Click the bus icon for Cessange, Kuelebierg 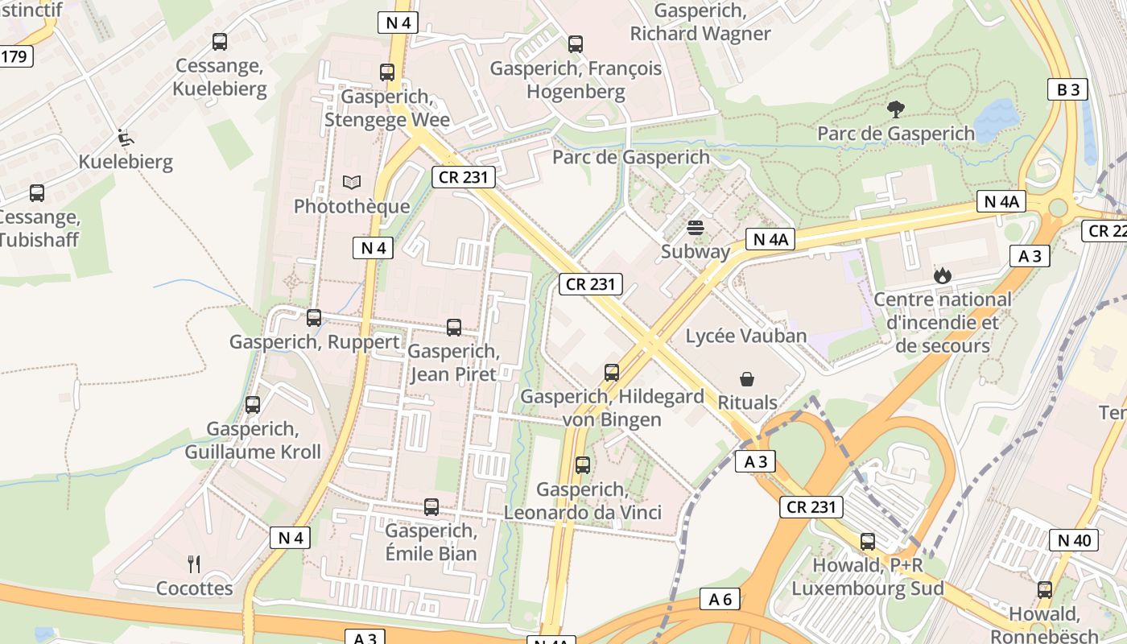tap(220, 42)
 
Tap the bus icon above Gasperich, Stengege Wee tap(387, 72)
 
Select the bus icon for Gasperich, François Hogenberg tap(576, 44)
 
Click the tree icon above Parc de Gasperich tap(895, 109)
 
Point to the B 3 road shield tap(1067, 89)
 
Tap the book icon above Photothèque tap(352, 182)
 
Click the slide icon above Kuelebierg tap(125, 138)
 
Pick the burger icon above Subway tap(696, 227)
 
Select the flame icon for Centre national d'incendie tap(942, 275)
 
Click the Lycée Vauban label tap(745, 336)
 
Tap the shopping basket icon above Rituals tap(747, 378)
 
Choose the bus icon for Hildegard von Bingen tap(612, 373)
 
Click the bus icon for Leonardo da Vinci tap(583, 465)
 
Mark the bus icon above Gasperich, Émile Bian tap(431, 507)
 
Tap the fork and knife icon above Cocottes tap(194, 563)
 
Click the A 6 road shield tap(720, 599)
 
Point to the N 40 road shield tap(1074, 540)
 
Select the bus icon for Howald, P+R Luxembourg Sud tap(868, 542)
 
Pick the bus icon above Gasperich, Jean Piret tap(454, 328)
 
